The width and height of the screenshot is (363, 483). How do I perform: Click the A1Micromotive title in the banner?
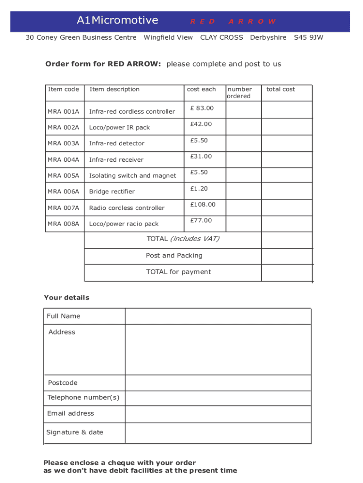(117, 20)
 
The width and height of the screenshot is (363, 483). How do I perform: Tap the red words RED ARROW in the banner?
(233, 21)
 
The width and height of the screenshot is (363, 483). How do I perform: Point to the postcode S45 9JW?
(308, 37)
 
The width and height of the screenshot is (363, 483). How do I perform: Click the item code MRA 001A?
(63, 112)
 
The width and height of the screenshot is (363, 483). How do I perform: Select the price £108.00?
(203, 205)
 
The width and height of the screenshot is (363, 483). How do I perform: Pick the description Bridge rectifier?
(112, 192)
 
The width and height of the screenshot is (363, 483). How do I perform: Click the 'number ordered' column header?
(239, 92)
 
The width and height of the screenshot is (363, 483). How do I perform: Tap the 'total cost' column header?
(280, 89)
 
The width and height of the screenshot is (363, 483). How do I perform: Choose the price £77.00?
(201, 221)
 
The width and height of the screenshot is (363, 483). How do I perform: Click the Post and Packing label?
(174, 256)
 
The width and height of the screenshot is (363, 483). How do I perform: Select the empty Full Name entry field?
(218, 316)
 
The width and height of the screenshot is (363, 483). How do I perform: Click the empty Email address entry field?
(218, 414)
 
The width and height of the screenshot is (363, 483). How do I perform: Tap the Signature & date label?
(74, 433)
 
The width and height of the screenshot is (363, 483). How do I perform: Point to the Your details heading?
(66, 298)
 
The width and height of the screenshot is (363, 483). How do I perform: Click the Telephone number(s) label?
(83, 398)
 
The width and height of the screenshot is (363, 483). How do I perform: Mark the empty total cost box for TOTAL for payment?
(287, 272)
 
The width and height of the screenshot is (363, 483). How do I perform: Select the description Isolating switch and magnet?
(132, 175)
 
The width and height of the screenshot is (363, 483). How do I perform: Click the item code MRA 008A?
(63, 224)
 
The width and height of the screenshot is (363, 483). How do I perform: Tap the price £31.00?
(201, 157)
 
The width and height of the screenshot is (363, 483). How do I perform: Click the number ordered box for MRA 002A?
(243, 126)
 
